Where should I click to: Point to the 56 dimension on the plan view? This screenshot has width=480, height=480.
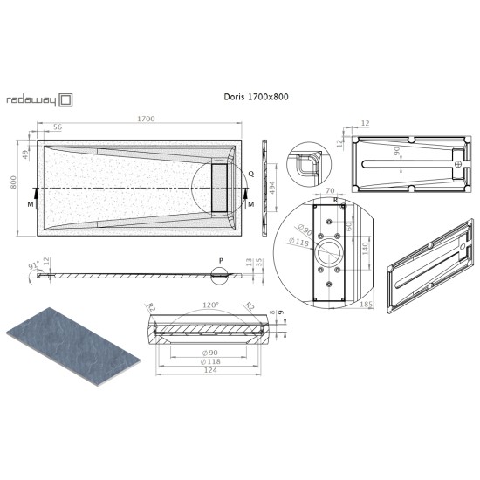58,128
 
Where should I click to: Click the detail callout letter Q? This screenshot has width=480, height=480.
250,175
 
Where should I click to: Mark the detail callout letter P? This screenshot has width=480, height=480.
221,261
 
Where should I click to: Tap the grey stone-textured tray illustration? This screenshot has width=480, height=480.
74,347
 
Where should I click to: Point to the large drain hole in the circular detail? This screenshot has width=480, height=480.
330,254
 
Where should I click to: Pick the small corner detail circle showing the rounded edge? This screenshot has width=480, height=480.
309,163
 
